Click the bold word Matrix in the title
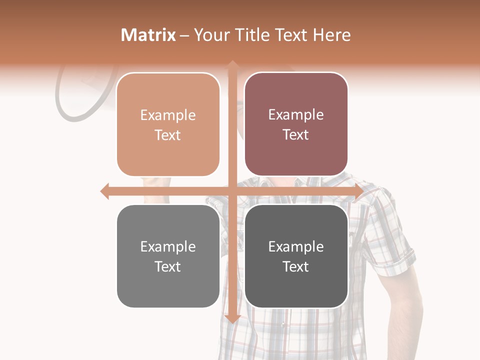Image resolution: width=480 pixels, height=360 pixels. click(148, 35)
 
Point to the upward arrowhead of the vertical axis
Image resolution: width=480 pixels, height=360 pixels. click(232, 64)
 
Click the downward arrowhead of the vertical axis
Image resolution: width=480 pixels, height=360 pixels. click(232, 318)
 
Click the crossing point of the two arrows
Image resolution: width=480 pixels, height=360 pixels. click(232, 191)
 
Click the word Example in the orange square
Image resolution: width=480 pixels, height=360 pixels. click(168, 115)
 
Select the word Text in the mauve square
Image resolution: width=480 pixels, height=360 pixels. click(296, 135)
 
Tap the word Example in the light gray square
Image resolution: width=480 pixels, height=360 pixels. click(168, 246)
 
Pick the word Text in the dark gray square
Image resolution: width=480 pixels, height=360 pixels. click(296, 266)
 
